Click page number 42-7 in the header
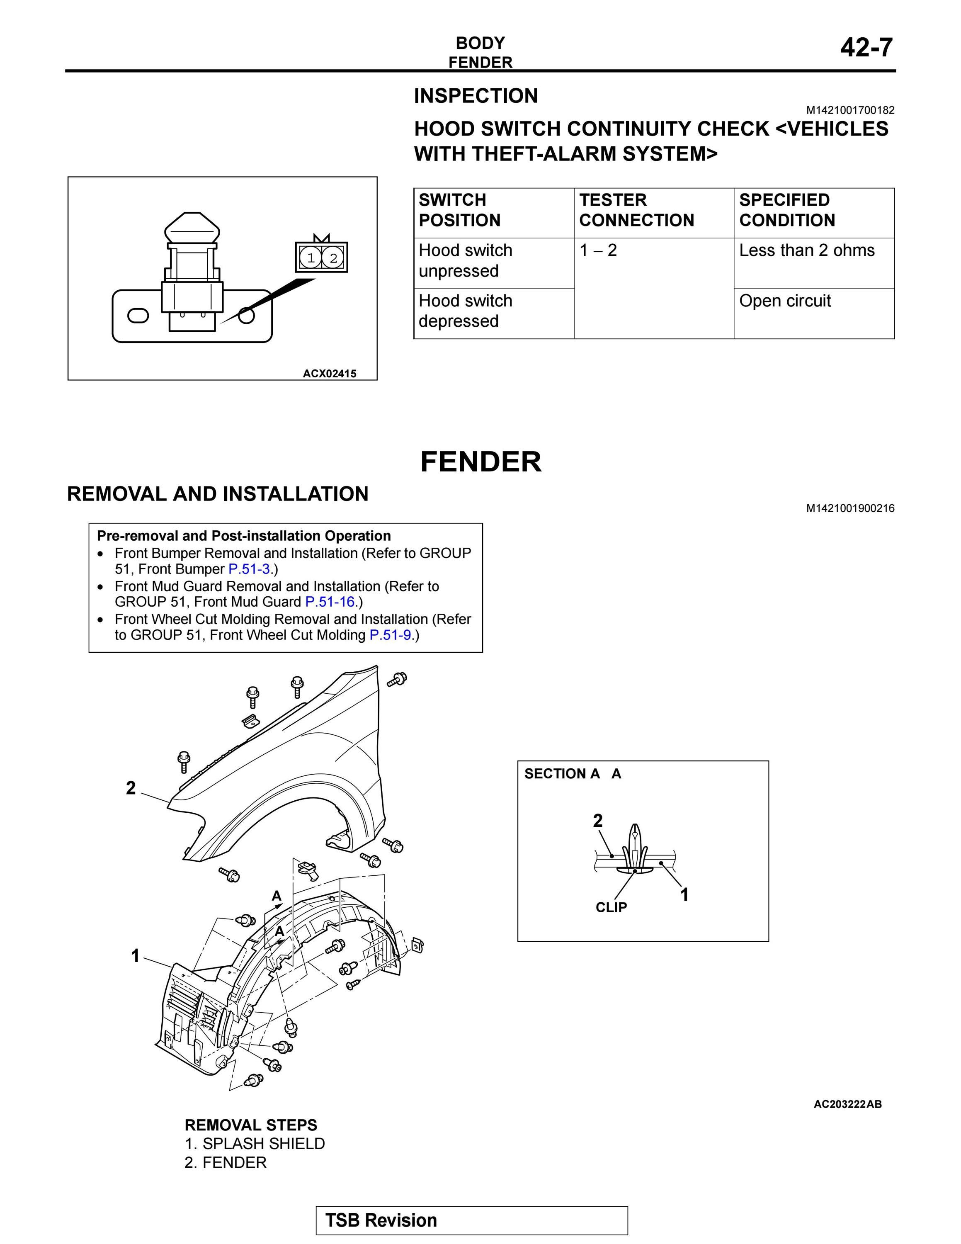866,47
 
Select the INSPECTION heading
476,96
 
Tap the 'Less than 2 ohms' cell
807,250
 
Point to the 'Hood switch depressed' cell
466,311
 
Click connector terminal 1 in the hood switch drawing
311,258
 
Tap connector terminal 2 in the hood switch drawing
333,258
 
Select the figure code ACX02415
330,374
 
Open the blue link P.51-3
249,569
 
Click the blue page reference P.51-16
330,602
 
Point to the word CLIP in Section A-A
612,907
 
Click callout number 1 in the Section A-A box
684,895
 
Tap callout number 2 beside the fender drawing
131,788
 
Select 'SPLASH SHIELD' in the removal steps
264,1143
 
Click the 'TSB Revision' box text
381,1220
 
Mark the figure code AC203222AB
848,1104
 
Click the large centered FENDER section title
481,462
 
